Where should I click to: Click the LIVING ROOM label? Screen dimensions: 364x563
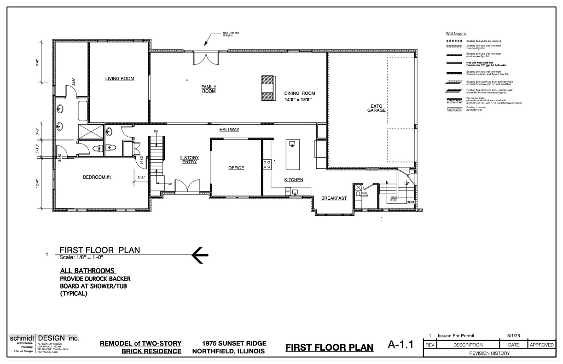pyautogui.click(x=120, y=79)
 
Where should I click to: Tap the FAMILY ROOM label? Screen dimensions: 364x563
pyautogui.click(x=209, y=89)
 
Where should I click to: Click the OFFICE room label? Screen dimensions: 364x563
pyautogui.click(x=236, y=168)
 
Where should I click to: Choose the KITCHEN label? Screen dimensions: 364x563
pyautogui.click(x=294, y=179)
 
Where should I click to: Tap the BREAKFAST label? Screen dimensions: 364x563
pyautogui.click(x=334, y=198)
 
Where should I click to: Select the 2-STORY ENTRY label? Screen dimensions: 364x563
pyautogui.click(x=189, y=160)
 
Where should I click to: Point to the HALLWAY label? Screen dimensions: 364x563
pyautogui.click(x=229, y=130)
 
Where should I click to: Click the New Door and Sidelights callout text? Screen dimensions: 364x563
pyautogui.click(x=231, y=34)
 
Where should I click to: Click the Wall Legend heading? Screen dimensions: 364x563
pyautogui.click(x=456, y=34)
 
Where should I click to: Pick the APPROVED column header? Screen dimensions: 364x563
pyautogui.click(x=541, y=345)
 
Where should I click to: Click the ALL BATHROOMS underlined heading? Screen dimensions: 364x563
pyautogui.click(x=87, y=271)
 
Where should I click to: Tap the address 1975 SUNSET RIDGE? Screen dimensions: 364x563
pyautogui.click(x=234, y=343)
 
